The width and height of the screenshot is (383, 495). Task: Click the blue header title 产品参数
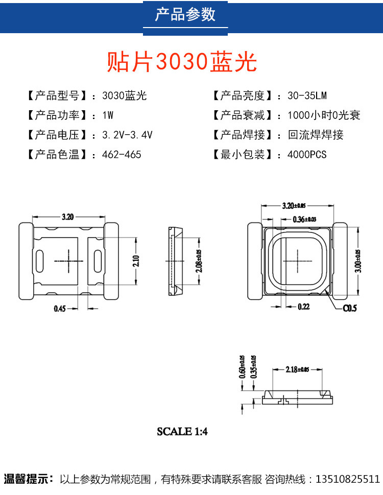click(x=185, y=15)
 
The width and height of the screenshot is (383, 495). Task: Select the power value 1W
click(x=108, y=115)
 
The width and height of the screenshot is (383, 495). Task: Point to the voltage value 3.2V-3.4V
click(x=127, y=135)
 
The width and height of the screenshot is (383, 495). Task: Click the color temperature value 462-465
click(x=122, y=155)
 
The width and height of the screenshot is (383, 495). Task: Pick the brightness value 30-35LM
click(x=307, y=96)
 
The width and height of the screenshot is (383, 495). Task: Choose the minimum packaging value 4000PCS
click(x=307, y=155)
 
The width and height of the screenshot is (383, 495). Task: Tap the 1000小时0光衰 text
click(x=324, y=115)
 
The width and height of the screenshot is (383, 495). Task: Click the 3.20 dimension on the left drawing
click(x=68, y=216)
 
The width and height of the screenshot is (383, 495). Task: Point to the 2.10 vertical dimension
click(x=136, y=261)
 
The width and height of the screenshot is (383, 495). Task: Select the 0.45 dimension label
click(x=61, y=308)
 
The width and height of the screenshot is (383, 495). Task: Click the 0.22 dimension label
click(x=304, y=306)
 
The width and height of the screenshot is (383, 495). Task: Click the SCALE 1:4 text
click(x=182, y=431)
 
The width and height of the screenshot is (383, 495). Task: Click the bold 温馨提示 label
click(x=29, y=480)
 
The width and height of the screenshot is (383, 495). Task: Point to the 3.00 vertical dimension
click(x=358, y=261)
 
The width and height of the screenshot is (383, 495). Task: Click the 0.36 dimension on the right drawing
click(x=304, y=219)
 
